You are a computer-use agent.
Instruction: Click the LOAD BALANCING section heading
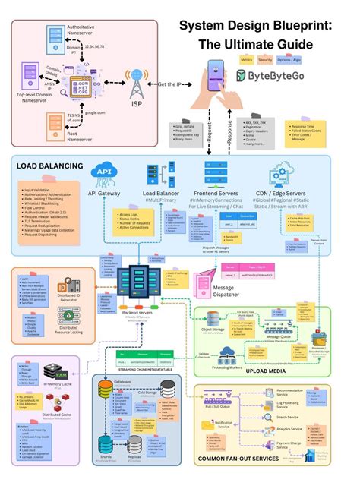(x=51, y=165)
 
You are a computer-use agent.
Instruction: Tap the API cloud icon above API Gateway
(x=104, y=173)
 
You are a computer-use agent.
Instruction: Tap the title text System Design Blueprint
(x=254, y=27)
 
